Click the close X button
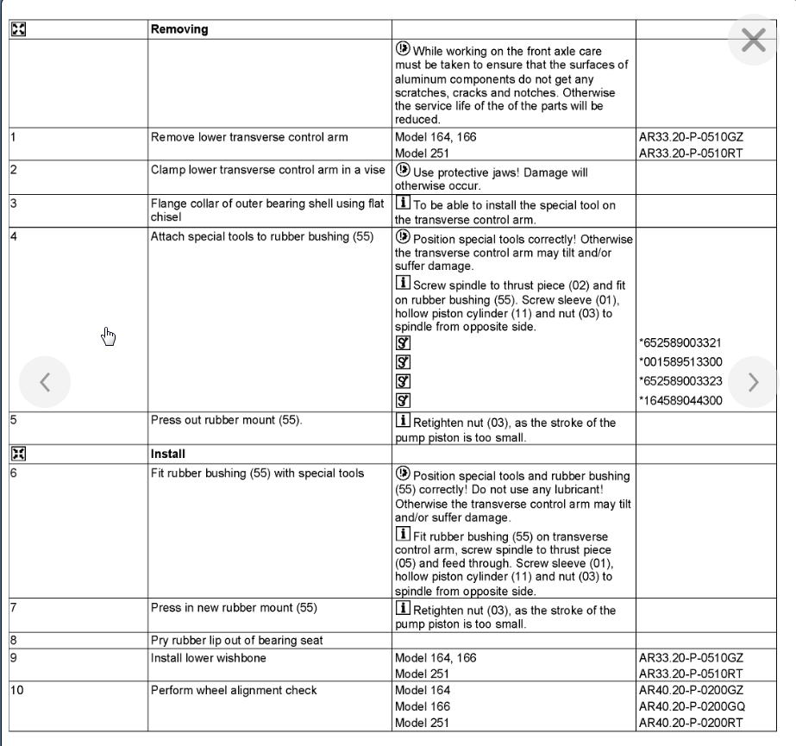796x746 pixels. (753, 40)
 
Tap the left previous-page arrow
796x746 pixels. (45, 381)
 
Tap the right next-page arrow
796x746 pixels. (753, 381)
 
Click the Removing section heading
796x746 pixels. (179, 29)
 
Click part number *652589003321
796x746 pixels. (681, 343)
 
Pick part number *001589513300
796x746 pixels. (681, 362)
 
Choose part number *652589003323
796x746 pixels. (681, 380)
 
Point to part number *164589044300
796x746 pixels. (681, 399)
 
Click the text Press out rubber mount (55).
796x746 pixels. (226, 422)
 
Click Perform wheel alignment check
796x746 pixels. (234, 690)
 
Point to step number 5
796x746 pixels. (13, 422)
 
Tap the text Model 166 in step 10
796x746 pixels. (423, 705)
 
